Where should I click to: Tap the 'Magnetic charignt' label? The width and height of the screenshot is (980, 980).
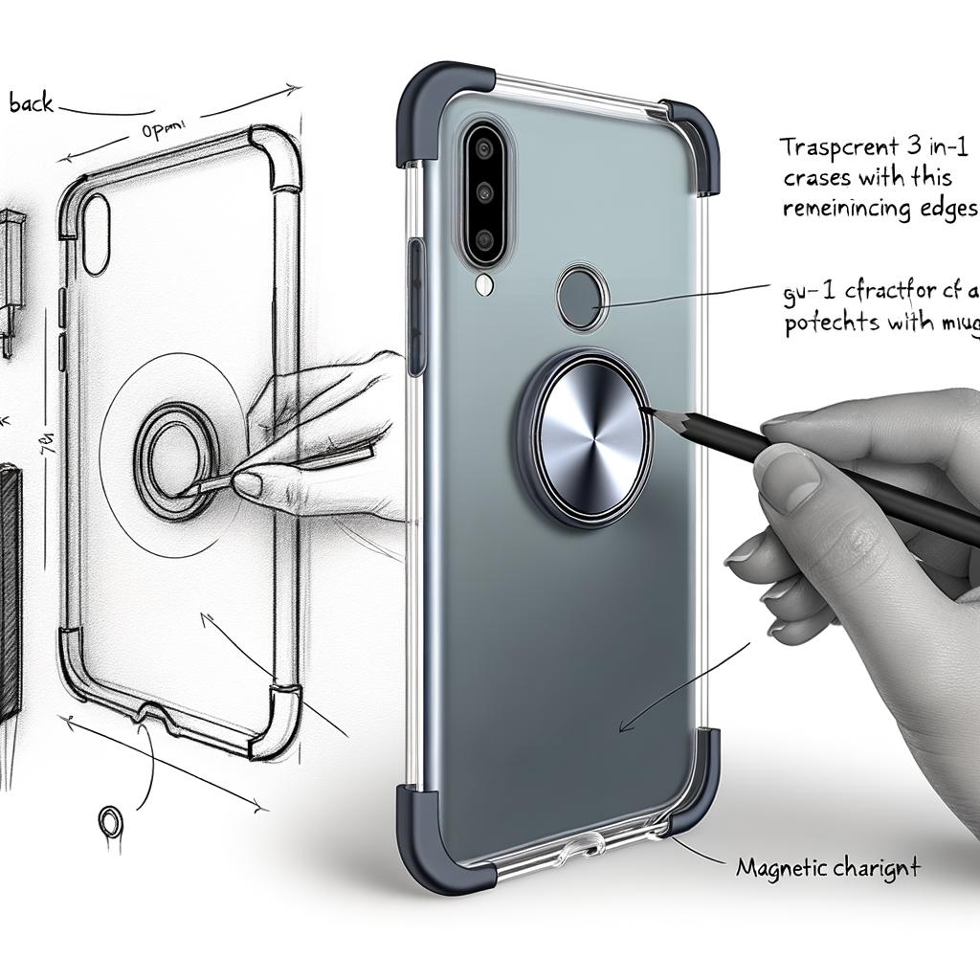(x=828, y=869)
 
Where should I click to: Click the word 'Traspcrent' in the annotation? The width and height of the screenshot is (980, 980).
(x=834, y=148)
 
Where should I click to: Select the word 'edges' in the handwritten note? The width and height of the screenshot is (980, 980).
(x=944, y=210)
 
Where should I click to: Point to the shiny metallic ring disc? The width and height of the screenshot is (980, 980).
(x=587, y=436)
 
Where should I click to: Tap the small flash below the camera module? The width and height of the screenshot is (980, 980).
(x=484, y=283)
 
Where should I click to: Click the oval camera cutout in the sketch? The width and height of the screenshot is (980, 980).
(x=96, y=234)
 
